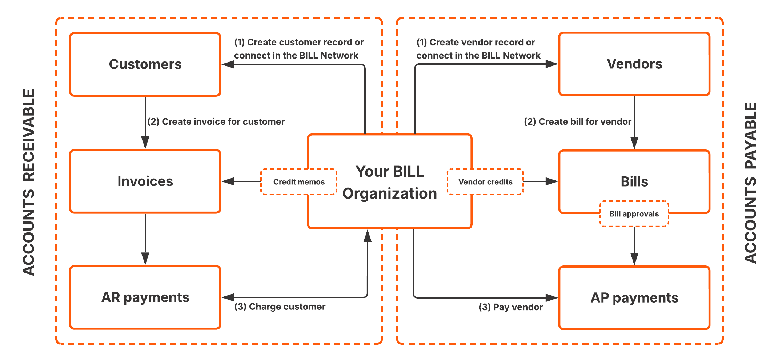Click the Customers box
click(x=145, y=64)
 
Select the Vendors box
click(x=634, y=64)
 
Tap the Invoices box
click(x=145, y=181)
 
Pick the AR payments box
click(x=145, y=297)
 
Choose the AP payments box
click(x=634, y=298)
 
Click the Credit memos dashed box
click(x=299, y=182)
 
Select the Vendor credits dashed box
click(x=485, y=182)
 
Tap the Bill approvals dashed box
click(x=634, y=214)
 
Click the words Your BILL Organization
click(x=389, y=182)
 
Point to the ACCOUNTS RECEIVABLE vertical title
click(x=29, y=182)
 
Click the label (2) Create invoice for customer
click(x=216, y=121)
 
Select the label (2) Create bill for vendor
click(x=577, y=121)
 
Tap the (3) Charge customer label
click(x=280, y=307)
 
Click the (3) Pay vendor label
click(x=510, y=307)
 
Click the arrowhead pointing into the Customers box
click(x=228, y=65)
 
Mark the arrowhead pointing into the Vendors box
click(x=552, y=64)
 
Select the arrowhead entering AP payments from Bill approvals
click(x=634, y=259)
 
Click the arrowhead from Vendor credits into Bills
click(x=552, y=181)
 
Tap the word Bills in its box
click(x=634, y=181)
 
